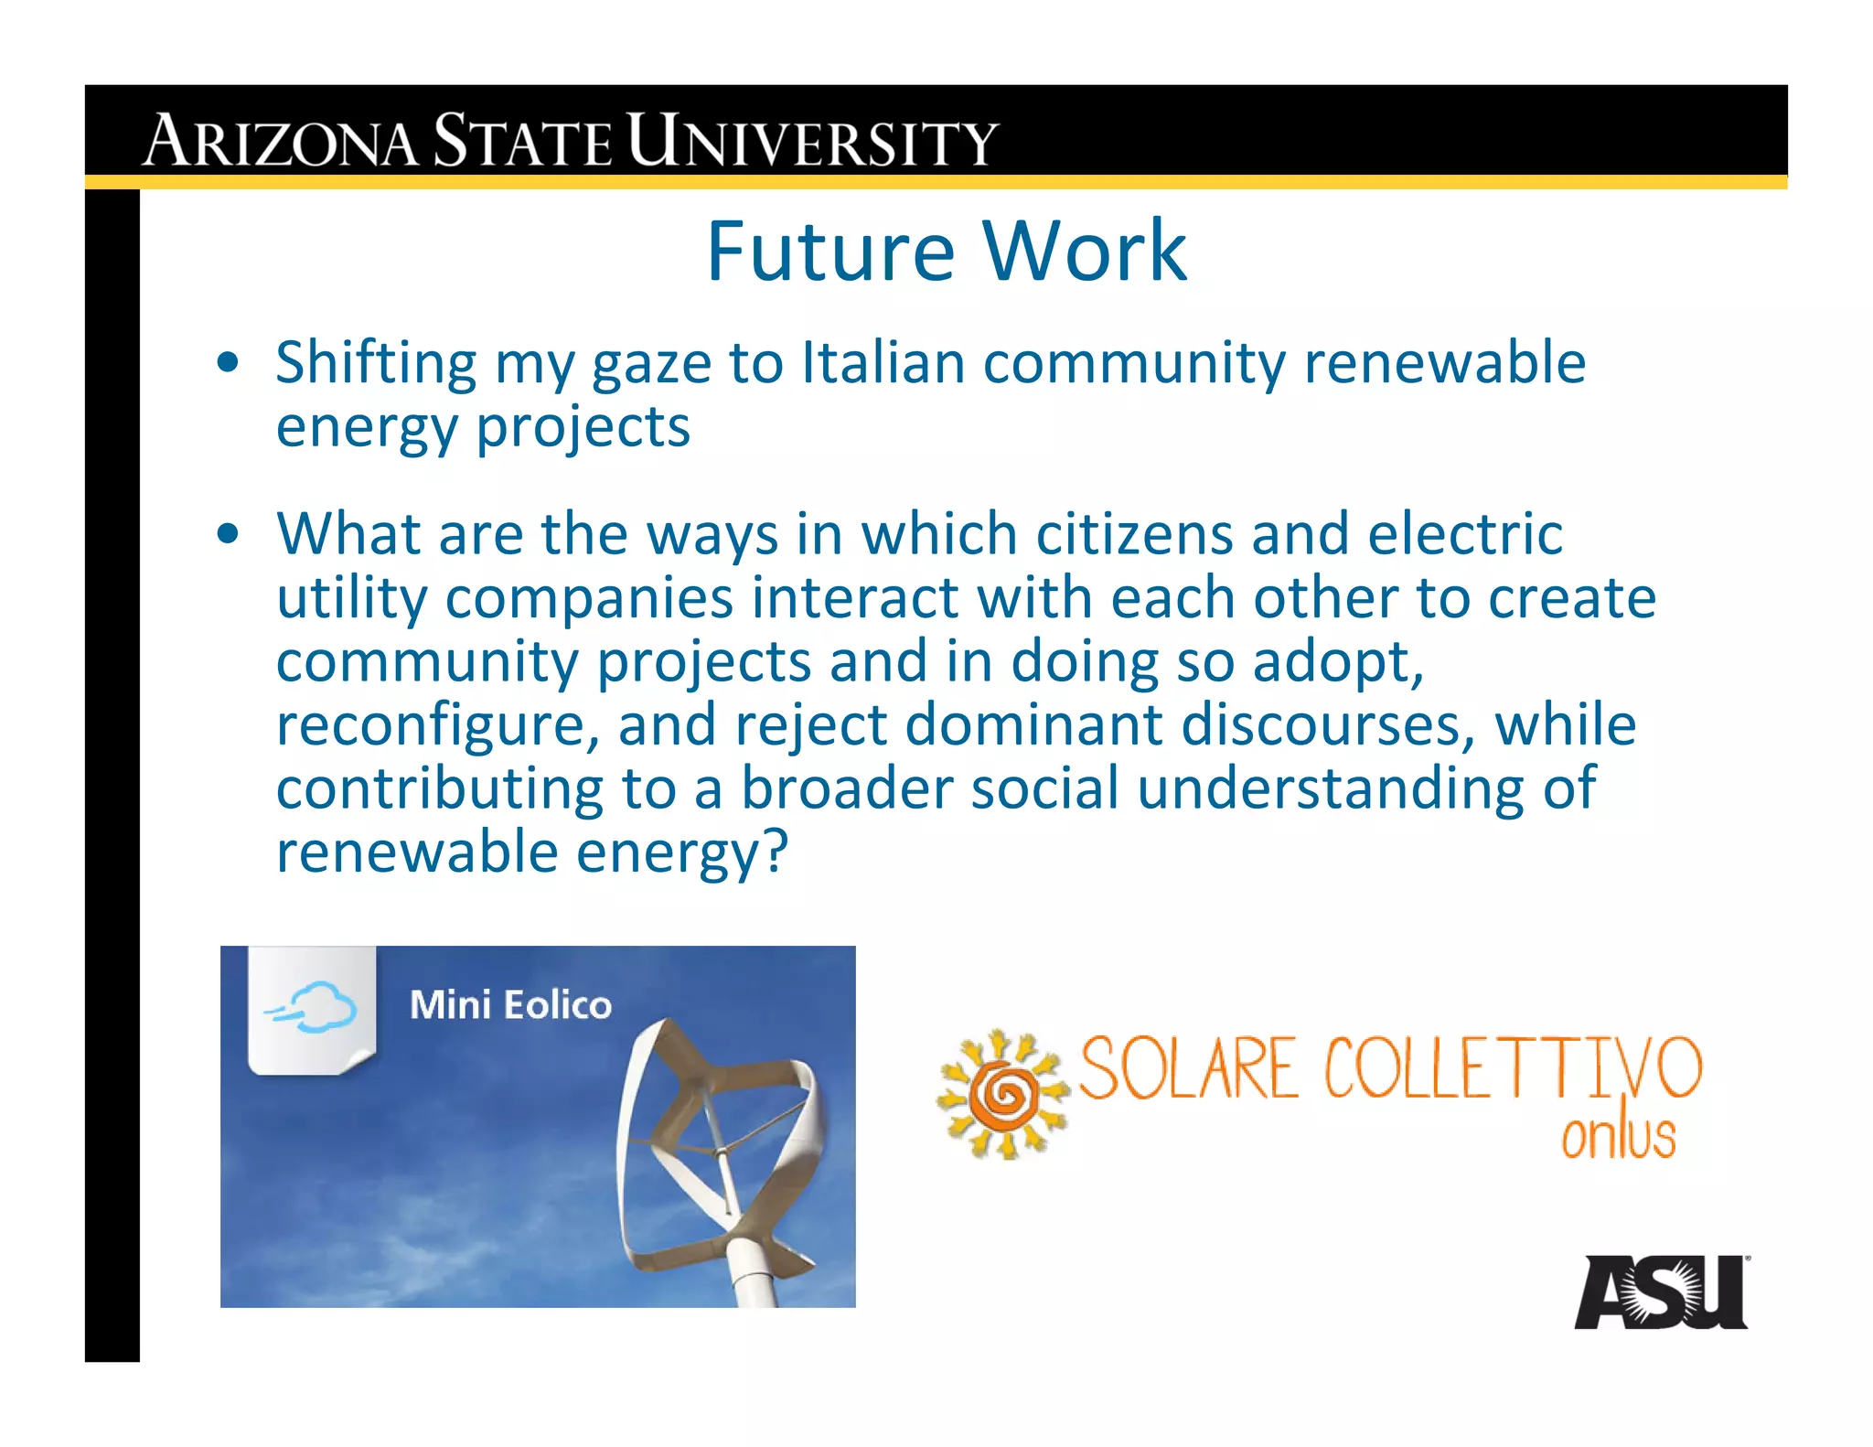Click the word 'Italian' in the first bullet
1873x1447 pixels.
point(883,362)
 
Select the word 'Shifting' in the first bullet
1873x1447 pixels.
point(376,364)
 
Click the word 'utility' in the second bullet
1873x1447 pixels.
point(351,599)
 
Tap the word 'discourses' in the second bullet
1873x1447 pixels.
point(1327,725)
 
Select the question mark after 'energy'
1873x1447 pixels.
point(774,852)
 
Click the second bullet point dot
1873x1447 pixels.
point(229,533)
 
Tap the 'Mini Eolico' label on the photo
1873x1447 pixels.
point(510,1005)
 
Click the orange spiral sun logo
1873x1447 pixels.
point(1003,1093)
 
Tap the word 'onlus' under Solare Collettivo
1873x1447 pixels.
point(1618,1137)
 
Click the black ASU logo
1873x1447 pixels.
point(1660,1292)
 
